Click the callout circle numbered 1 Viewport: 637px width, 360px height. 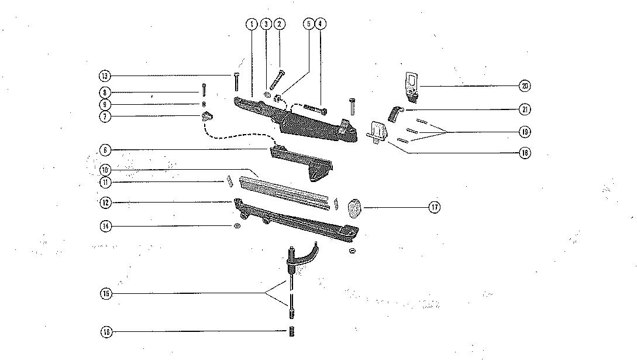[252, 24]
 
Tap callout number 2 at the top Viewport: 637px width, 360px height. [280, 24]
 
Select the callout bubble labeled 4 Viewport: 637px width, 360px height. [320, 24]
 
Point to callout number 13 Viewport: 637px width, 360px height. [105, 76]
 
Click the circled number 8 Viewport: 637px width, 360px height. [105, 92]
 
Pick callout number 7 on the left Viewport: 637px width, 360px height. [105, 116]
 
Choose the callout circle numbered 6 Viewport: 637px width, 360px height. [105, 150]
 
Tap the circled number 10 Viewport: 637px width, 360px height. [105, 170]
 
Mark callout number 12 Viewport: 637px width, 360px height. [105, 203]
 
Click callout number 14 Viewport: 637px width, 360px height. [105, 226]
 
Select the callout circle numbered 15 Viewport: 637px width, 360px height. [105, 293]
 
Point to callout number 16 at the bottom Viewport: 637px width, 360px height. [105, 332]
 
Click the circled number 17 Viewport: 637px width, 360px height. [434, 207]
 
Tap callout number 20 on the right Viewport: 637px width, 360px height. [525, 86]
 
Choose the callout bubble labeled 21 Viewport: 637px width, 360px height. [525, 109]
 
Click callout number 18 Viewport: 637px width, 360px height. [525, 153]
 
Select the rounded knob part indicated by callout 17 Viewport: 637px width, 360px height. [354, 208]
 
